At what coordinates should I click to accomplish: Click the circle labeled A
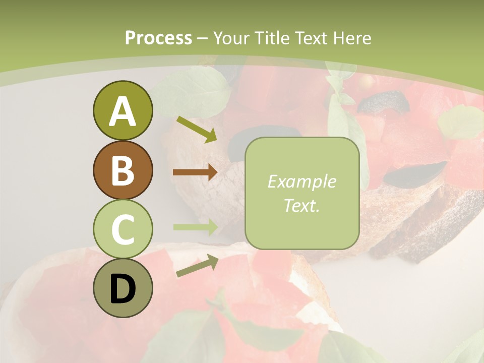pos(123,110)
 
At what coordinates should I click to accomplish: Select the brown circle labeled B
pos(123,170)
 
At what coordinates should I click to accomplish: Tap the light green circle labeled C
pos(123,228)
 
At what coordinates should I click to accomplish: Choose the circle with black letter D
pos(123,288)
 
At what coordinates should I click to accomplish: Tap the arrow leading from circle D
pos(197,266)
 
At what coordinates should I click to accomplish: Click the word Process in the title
pos(158,38)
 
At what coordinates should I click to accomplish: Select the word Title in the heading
pos(273,38)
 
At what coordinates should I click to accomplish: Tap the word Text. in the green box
pos(301,205)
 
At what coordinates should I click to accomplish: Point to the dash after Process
pos(203,38)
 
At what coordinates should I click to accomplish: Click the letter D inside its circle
pos(123,289)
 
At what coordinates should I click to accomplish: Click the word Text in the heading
pos(311,38)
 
